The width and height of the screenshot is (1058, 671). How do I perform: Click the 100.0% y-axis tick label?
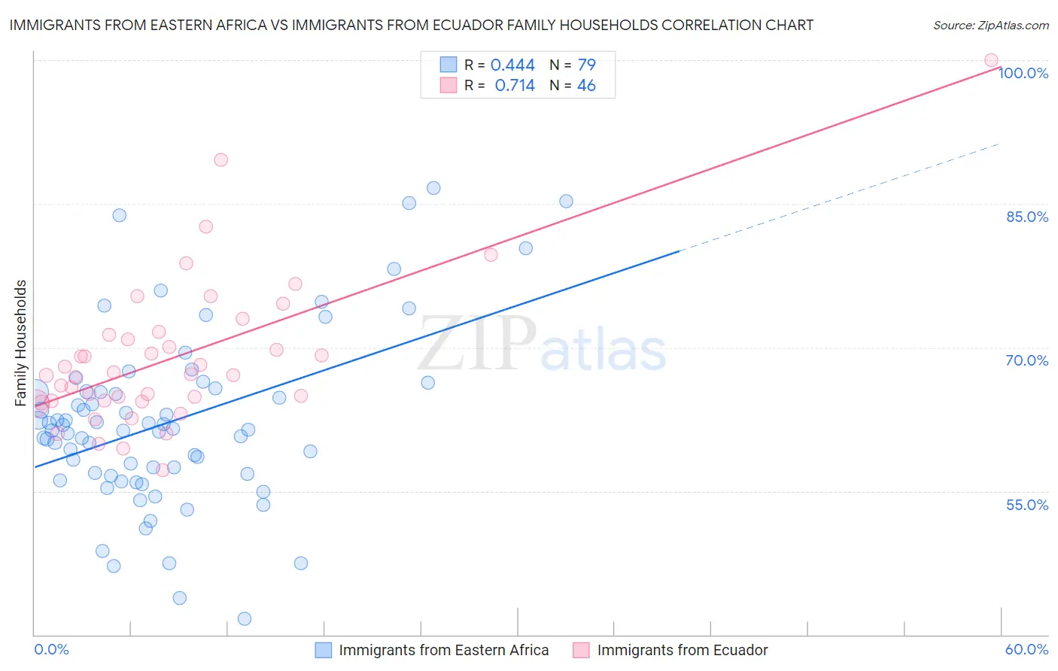(x=1023, y=73)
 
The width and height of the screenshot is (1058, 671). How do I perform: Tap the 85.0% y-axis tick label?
(x=1027, y=217)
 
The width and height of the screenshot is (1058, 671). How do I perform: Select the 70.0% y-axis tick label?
(x=1027, y=360)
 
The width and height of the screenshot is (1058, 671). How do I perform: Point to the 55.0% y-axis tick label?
(x=1027, y=505)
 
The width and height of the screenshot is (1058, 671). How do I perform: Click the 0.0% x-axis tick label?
(x=51, y=649)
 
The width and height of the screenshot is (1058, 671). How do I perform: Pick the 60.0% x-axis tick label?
(x=1026, y=649)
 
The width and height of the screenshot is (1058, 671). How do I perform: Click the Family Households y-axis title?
(x=21, y=343)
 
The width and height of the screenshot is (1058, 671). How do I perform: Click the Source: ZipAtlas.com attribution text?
(x=990, y=25)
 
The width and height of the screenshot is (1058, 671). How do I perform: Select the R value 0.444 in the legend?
(x=512, y=65)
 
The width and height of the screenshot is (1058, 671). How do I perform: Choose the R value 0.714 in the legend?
(x=515, y=86)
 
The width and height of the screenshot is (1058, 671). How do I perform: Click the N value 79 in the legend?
(x=586, y=65)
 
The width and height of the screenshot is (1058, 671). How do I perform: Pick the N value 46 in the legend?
(x=586, y=86)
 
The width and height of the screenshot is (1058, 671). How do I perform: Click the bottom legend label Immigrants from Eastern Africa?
(x=443, y=650)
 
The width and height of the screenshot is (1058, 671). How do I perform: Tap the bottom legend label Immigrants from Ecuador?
(x=683, y=650)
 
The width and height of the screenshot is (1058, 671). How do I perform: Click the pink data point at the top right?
(x=991, y=60)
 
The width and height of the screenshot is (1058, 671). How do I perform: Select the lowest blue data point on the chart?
(x=245, y=618)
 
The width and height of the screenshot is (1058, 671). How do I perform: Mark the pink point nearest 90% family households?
(x=220, y=159)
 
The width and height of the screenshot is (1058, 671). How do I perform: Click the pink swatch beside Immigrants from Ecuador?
(x=581, y=650)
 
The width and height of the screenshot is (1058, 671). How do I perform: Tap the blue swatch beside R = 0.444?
(x=448, y=65)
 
